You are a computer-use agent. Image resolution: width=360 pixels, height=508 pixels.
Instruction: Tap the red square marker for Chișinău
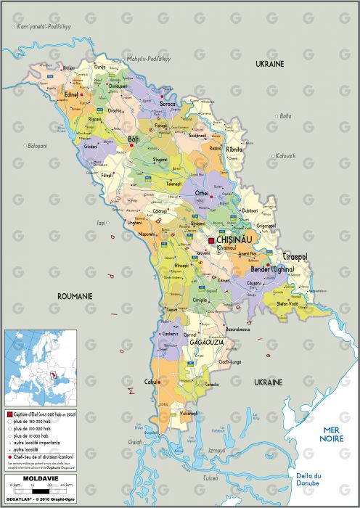pos(212,240)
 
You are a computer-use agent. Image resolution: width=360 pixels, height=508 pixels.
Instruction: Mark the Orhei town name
pos(202,192)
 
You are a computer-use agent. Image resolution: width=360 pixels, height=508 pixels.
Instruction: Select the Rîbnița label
pos(234,149)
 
